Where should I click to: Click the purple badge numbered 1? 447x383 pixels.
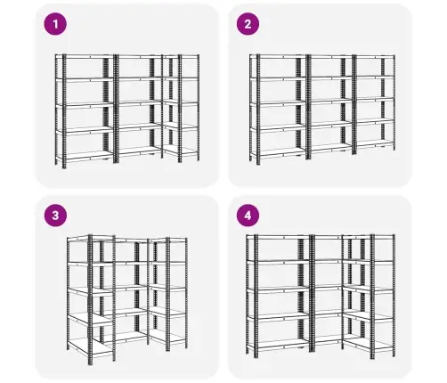[55, 24]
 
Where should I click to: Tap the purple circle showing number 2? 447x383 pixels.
[248, 24]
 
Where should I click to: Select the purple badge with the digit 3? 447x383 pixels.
[55, 216]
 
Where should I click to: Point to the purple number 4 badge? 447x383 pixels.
[248, 216]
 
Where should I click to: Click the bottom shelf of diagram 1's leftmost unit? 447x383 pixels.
[85, 156]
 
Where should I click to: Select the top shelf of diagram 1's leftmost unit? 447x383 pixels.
[85, 56]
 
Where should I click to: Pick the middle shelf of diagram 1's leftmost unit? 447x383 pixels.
[85, 105]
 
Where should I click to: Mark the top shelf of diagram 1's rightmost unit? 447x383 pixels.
[181, 56]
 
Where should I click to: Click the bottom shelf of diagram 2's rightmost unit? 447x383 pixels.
[375, 143]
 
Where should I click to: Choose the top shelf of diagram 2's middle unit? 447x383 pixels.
[330, 56]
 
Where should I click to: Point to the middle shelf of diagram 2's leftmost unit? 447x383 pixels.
[278, 103]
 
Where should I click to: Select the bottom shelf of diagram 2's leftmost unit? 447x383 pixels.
[278, 152]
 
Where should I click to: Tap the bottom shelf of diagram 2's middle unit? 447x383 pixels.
[331, 148]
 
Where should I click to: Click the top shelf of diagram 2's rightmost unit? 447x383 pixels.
[375, 56]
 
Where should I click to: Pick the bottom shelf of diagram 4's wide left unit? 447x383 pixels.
[279, 345]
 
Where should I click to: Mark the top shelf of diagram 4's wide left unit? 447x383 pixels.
[279, 237]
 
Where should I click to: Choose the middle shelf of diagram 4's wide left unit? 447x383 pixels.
[279, 289]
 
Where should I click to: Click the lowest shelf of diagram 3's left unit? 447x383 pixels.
[90, 346]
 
